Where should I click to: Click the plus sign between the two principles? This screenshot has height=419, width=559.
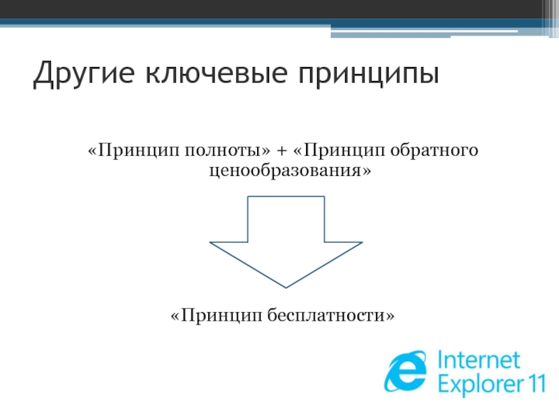[x=282, y=152]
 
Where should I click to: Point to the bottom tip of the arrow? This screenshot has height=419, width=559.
[x=286, y=286]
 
